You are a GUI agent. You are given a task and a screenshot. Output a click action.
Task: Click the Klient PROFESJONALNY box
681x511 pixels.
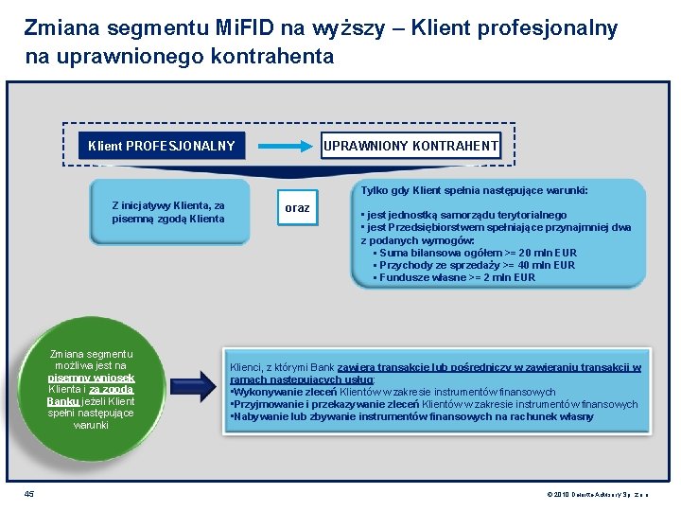(161, 146)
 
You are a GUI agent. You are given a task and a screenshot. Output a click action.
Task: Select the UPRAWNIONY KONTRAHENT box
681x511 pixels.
(410, 146)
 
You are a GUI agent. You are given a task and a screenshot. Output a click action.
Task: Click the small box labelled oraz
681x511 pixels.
(297, 207)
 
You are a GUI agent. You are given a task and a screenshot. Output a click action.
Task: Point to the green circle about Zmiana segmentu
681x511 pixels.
(92, 389)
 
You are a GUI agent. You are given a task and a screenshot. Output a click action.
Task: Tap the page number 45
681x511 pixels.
(29, 492)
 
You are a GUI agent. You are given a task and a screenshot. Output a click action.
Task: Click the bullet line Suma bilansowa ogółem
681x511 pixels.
(476, 253)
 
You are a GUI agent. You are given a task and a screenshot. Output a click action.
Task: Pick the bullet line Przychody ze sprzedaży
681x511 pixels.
(475, 265)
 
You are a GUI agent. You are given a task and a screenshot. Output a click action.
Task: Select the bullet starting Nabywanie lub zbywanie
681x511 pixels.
(411, 416)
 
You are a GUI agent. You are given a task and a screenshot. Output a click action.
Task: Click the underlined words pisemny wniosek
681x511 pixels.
(92, 377)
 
